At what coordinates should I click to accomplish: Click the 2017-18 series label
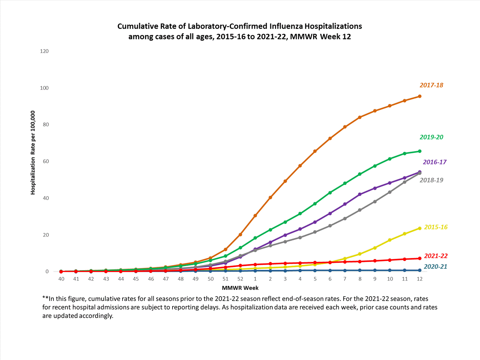point(431,85)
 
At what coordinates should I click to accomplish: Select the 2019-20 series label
point(431,137)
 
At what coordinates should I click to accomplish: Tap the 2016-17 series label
point(435,162)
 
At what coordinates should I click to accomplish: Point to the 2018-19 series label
point(431,180)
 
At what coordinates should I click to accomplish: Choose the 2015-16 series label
point(436,227)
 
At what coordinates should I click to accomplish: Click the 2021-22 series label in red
point(436,256)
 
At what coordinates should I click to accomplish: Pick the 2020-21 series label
point(435,267)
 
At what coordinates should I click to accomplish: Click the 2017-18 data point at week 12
point(420,96)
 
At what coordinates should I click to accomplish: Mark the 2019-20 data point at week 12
point(420,151)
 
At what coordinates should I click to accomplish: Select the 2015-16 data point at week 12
point(420,228)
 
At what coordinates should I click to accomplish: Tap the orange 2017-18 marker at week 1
point(255,216)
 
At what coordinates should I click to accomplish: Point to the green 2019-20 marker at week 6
point(330,193)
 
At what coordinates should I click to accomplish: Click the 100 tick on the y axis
point(44,88)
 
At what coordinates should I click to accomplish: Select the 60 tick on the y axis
point(46,161)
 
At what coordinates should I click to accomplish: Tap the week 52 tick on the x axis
point(240,279)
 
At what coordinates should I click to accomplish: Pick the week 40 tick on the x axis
point(61,279)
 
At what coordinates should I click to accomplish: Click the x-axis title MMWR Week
point(240,288)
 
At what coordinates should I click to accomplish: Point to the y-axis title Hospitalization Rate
point(33,153)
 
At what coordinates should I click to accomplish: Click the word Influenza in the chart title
point(286,26)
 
